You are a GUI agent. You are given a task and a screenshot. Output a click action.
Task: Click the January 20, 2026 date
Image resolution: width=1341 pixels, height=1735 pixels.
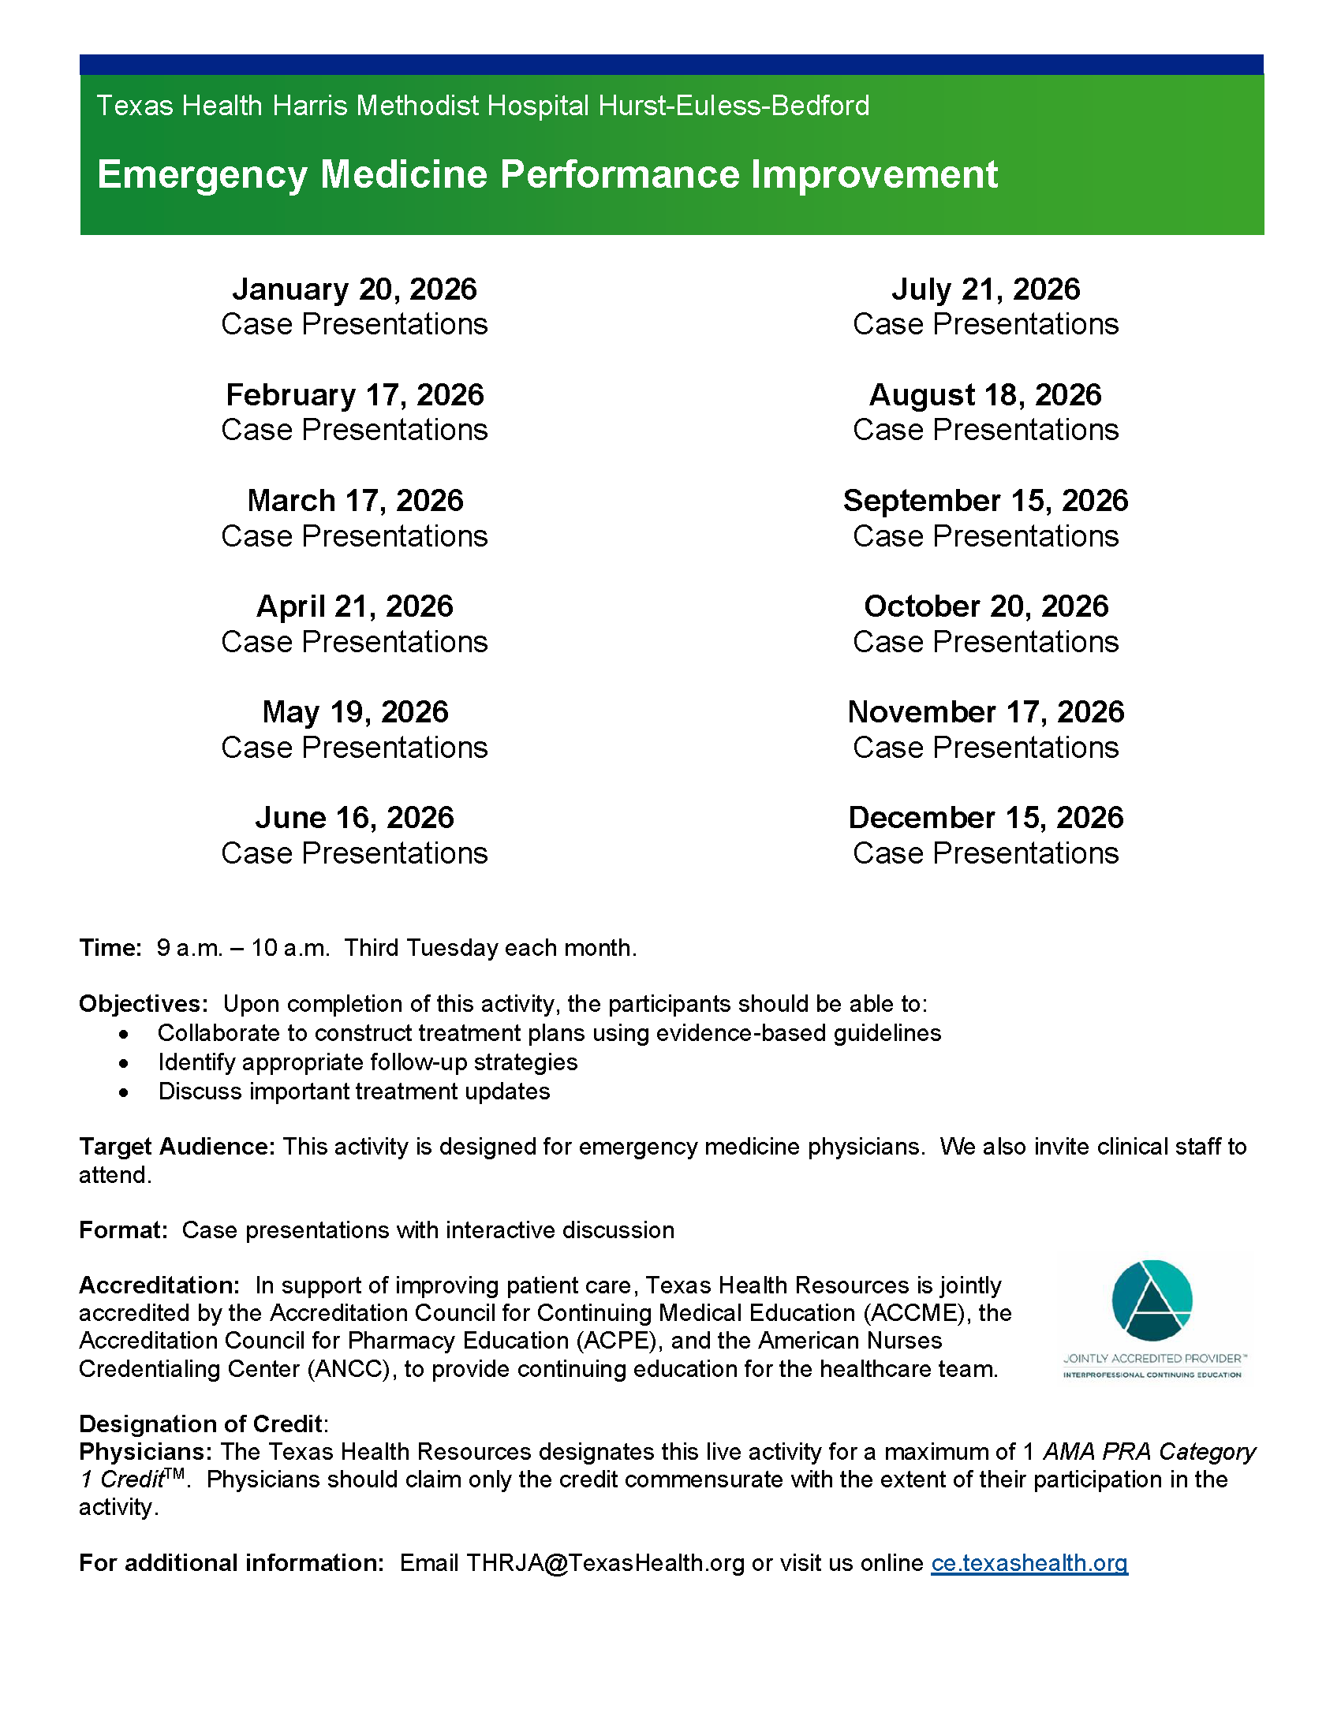[354, 289]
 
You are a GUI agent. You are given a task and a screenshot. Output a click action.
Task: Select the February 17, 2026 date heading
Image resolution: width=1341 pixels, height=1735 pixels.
[354, 395]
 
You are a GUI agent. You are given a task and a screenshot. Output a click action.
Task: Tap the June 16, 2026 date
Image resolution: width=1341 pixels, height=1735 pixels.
[354, 818]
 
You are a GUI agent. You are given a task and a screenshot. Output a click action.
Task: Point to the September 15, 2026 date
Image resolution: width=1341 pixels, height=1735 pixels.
[985, 501]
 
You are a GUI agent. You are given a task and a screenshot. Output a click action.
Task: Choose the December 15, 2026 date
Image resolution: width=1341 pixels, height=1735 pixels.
[985, 818]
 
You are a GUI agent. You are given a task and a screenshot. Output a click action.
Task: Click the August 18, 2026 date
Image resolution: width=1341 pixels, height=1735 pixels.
[985, 395]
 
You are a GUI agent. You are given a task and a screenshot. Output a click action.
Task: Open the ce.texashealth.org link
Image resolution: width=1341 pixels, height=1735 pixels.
[1029, 1562]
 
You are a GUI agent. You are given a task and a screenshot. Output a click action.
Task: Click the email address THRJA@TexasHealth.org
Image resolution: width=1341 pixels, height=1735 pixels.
[605, 1562]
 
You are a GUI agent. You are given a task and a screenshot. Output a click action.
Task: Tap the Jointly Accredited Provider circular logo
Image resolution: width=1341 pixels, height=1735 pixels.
[1152, 1300]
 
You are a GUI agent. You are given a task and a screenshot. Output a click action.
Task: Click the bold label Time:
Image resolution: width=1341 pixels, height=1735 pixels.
[110, 948]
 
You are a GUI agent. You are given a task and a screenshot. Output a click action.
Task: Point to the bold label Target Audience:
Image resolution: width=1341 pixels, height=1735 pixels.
[177, 1147]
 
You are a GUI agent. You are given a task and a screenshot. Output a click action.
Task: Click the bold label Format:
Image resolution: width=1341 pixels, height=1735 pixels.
[123, 1229]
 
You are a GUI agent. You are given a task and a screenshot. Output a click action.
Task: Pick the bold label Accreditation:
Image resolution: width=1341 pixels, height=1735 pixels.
[159, 1285]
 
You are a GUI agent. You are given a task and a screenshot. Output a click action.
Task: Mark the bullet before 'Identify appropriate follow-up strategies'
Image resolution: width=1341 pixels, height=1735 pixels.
[124, 1063]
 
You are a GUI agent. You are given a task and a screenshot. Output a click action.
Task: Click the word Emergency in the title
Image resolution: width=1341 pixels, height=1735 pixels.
[202, 175]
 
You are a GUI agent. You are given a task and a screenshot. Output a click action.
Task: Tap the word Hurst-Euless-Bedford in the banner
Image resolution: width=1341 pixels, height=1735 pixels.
[734, 106]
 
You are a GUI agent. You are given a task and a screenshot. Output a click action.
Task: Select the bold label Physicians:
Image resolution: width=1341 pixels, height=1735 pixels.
[145, 1451]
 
